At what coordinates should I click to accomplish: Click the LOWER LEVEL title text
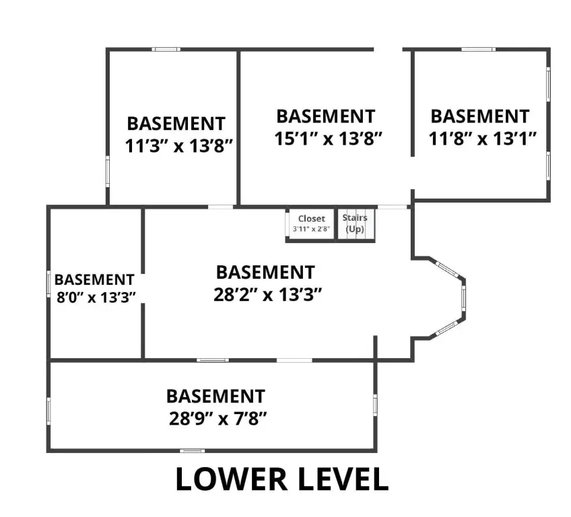[282, 479]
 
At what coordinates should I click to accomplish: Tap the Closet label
[311, 219]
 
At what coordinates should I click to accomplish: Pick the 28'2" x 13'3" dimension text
[265, 295]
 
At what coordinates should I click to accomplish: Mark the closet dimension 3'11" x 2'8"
[311, 229]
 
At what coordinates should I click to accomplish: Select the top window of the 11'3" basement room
[165, 49]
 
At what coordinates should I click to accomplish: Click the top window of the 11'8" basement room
[478, 49]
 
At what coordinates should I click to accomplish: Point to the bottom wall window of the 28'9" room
[193, 450]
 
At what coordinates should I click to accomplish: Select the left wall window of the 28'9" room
[48, 410]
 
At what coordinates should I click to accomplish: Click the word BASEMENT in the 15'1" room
[325, 116]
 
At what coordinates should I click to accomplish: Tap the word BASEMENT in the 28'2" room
[265, 273]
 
